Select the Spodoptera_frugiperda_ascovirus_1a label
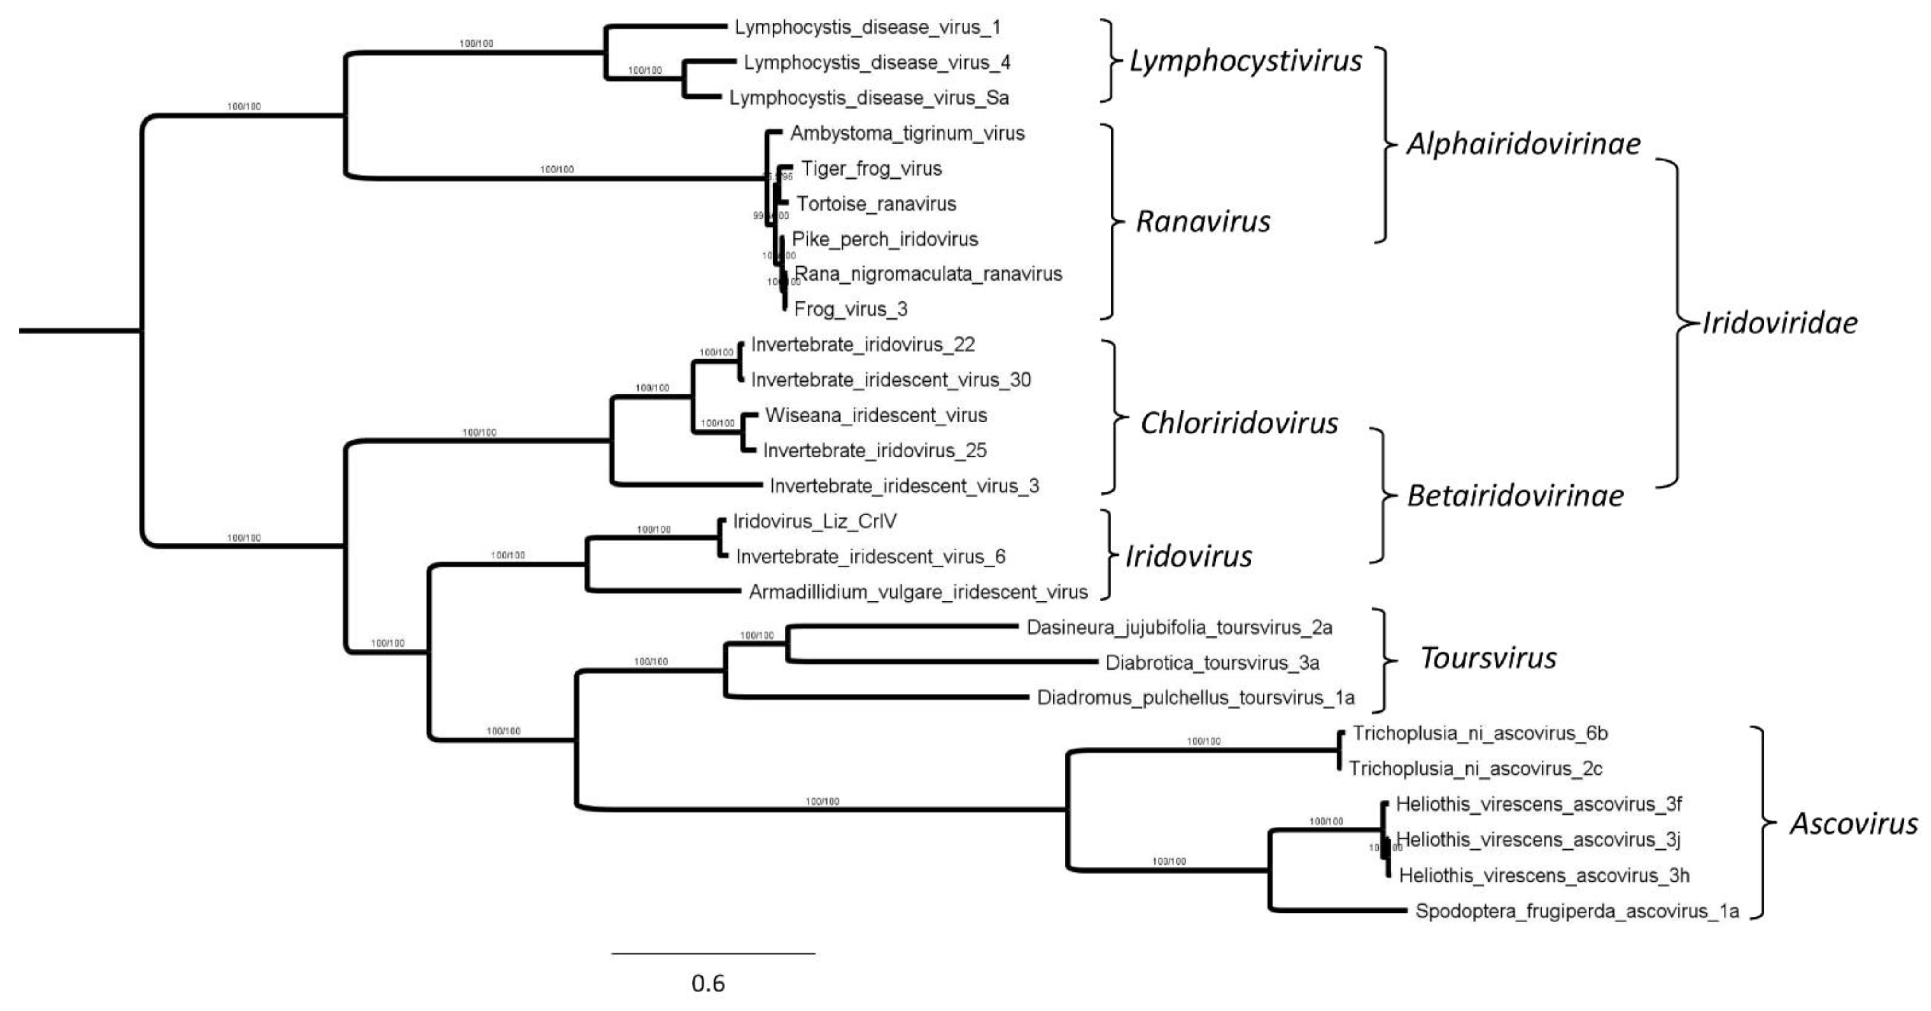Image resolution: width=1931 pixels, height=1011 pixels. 1577,911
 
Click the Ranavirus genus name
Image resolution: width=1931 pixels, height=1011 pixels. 1203,221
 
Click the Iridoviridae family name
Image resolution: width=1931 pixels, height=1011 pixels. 1779,323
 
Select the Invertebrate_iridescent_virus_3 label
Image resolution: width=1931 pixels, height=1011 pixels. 904,486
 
